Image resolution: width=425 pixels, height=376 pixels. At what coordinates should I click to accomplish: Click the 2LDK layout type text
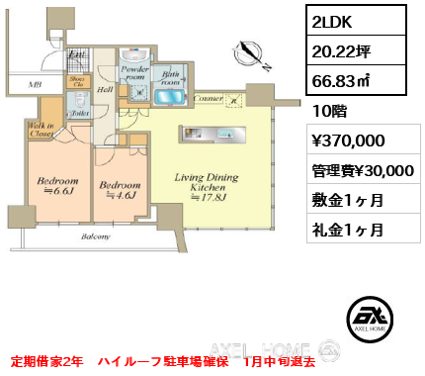[333, 21]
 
